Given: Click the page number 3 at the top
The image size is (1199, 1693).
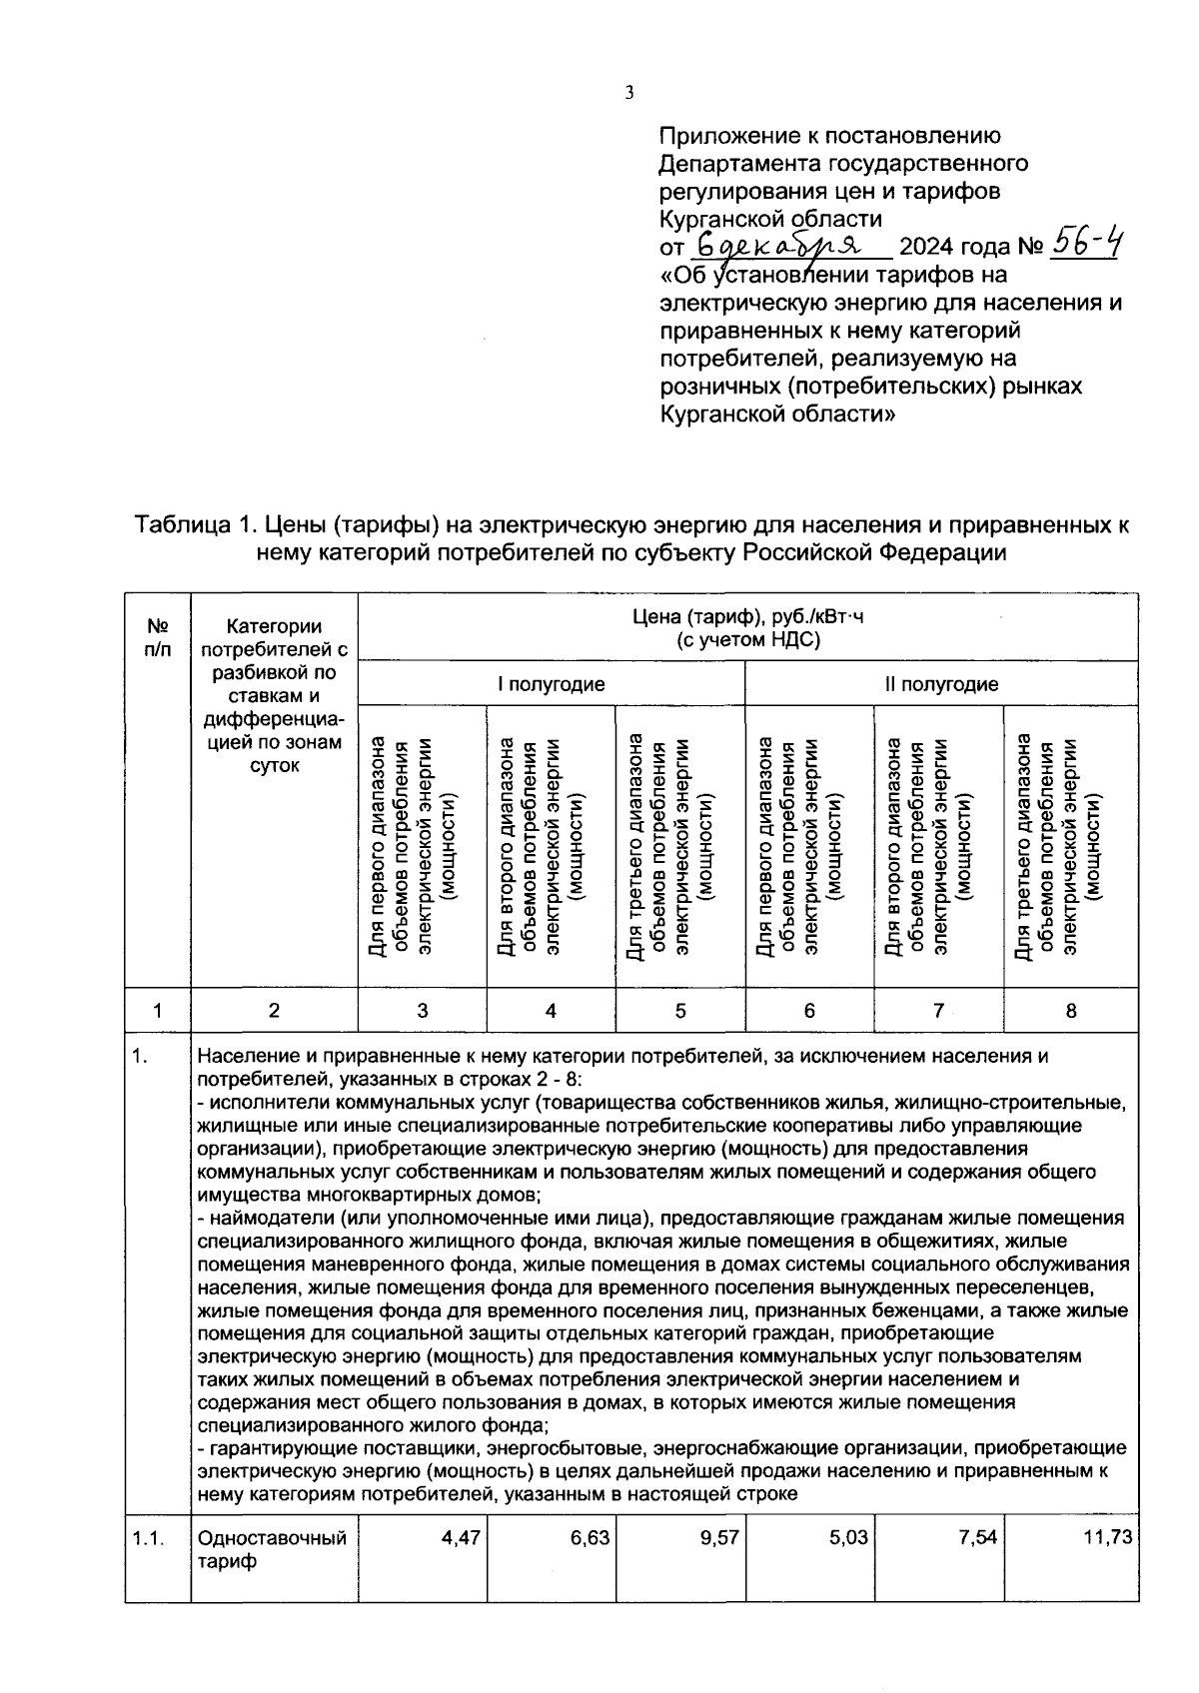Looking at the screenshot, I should click(x=628, y=94).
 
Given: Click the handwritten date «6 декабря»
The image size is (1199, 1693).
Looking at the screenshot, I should click(x=781, y=244).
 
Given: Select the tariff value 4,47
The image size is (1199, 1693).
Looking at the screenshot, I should click(x=461, y=1538).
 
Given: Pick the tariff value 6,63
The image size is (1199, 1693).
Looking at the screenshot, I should click(x=590, y=1538).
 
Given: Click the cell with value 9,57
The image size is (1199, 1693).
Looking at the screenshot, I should click(x=718, y=1538).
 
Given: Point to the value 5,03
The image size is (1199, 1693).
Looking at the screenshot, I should click(x=848, y=1538).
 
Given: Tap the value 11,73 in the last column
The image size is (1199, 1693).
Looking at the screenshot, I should click(x=1108, y=1538).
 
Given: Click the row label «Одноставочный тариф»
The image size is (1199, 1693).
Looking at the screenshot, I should click(x=273, y=1549).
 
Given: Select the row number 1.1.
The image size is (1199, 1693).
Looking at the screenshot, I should click(x=148, y=1538).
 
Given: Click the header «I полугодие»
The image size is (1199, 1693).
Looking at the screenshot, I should click(x=552, y=684).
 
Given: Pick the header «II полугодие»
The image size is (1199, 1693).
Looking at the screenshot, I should click(x=941, y=684).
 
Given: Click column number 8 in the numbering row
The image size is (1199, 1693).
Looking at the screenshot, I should click(x=1070, y=1011).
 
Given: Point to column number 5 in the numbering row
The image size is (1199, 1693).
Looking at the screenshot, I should click(x=679, y=1011).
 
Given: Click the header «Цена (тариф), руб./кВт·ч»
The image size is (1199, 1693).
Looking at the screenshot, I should click(x=747, y=617).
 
